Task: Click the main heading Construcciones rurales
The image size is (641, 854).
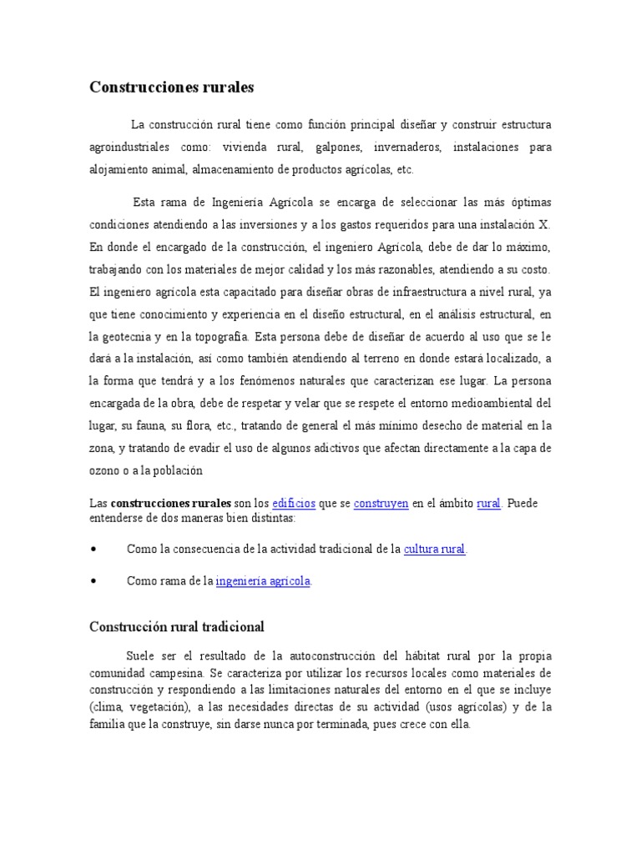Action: (171, 87)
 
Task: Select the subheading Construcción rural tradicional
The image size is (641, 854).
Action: (177, 625)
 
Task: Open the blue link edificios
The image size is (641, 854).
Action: (294, 504)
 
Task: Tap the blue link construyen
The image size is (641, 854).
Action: (381, 504)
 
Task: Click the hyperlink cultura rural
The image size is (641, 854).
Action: (435, 550)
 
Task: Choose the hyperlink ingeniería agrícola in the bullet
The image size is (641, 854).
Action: (264, 581)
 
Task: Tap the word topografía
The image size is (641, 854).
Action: (216, 336)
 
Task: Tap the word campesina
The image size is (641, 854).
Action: (176, 672)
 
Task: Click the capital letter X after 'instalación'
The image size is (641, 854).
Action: (544, 224)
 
